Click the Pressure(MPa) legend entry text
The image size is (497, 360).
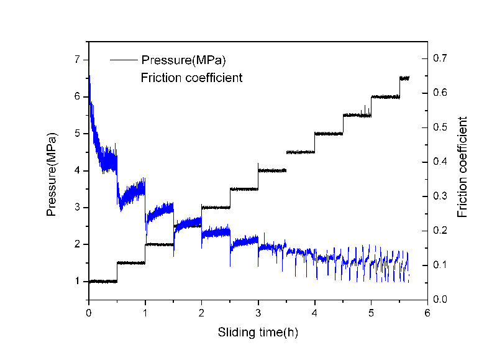[183, 60]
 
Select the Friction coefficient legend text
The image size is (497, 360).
[191, 78]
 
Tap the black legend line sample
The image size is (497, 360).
[124, 60]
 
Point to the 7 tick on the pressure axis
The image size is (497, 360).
[78, 60]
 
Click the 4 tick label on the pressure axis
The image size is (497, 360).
[78, 171]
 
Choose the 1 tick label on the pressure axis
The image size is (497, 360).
[78, 282]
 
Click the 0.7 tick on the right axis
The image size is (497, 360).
[439, 58]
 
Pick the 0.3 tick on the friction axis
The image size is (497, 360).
[439, 196]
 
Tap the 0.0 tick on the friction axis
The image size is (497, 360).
[439, 300]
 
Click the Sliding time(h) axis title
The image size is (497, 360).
[258, 332]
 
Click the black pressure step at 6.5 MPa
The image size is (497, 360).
[404, 78]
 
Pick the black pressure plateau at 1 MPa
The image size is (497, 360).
[103, 282]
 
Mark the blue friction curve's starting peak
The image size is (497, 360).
[89, 76]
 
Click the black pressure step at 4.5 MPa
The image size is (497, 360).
[300, 152]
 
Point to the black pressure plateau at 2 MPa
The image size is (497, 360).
[159, 244]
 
